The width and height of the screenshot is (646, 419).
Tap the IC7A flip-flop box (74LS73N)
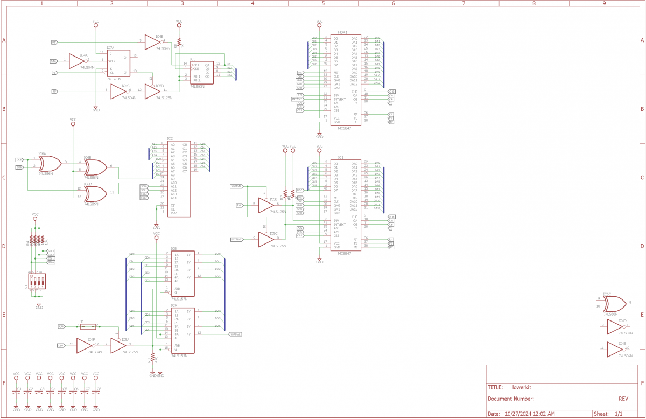pos(117,65)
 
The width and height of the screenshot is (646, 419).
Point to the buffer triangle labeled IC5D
pos(152,92)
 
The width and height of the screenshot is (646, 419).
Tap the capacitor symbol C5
pos(62,393)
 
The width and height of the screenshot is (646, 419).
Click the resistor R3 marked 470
pos(153,357)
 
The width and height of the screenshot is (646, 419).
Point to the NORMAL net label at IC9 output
pos(235,334)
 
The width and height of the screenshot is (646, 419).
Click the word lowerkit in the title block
pos(522,387)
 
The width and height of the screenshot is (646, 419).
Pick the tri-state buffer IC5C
pos(265,239)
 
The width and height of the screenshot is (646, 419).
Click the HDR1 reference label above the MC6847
pos(342,33)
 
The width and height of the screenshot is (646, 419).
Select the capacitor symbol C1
pos(17,393)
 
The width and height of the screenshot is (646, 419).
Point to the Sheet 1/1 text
pos(609,414)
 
